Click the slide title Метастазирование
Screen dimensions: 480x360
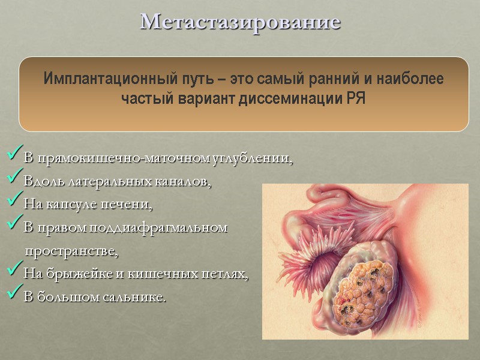(240, 22)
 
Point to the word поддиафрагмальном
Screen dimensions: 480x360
(158, 228)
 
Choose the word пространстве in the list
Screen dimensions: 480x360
(71, 251)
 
